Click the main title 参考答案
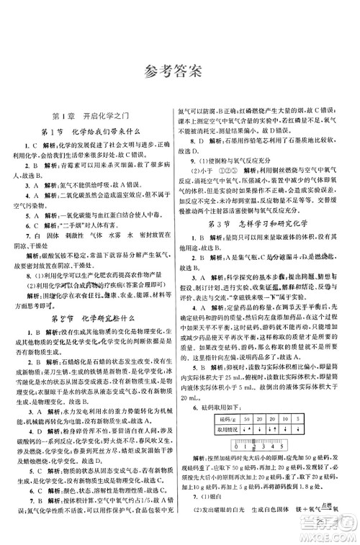[x=180, y=70]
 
